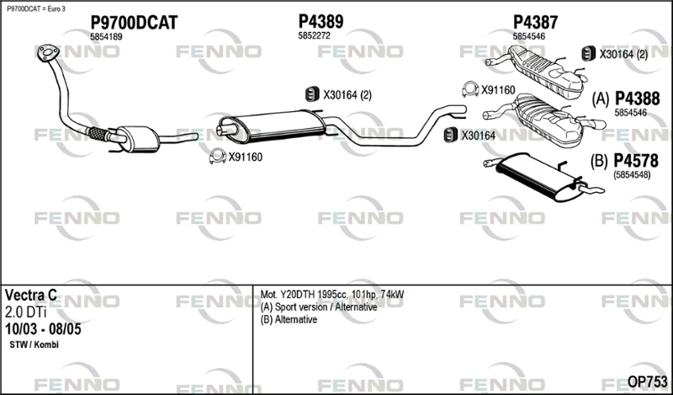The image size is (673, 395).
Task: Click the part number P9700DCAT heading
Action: pyautogui.click(x=134, y=23)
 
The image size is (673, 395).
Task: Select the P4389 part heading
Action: pyautogui.click(x=321, y=21)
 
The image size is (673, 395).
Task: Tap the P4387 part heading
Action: pyautogui.click(x=535, y=22)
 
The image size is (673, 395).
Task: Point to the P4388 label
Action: pyautogui.click(x=638, y=99)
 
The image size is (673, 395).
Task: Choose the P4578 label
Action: pyautogui.click(x=636, y=161)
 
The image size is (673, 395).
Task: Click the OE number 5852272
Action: pyautogui.click(x=314, y=36)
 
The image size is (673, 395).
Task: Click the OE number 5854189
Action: pyautogui.click(x=106, y=37)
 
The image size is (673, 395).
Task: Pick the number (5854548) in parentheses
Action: pyautogui.click(x=632, y=175)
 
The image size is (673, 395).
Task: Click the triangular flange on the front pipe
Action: pyautogui.click(x=48, y=52)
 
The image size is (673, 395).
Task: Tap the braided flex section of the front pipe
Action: pyautogui.click(x=98, y=134)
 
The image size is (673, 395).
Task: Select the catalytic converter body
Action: pyautogui.click(x=137, y=138)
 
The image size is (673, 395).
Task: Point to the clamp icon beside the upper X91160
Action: pyautogui.click(x=470, y=89)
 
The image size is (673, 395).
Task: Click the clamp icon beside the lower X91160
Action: pyautogui.click(x=218, y=156)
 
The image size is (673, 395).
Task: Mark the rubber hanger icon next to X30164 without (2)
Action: pyautogui.click(x=451, y=135)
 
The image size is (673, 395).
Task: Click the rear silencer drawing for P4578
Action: pyautogui.click(x=542, y=177)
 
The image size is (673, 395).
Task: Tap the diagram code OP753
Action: pyautogui.click(x=647, y=382)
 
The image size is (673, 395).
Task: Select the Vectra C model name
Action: pyautogui.click(x=30, y=295)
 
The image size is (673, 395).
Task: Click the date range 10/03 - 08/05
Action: pyautogui.click(x=43, y=329)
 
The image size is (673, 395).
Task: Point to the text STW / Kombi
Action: pyautogui.click(x=34, y=344)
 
